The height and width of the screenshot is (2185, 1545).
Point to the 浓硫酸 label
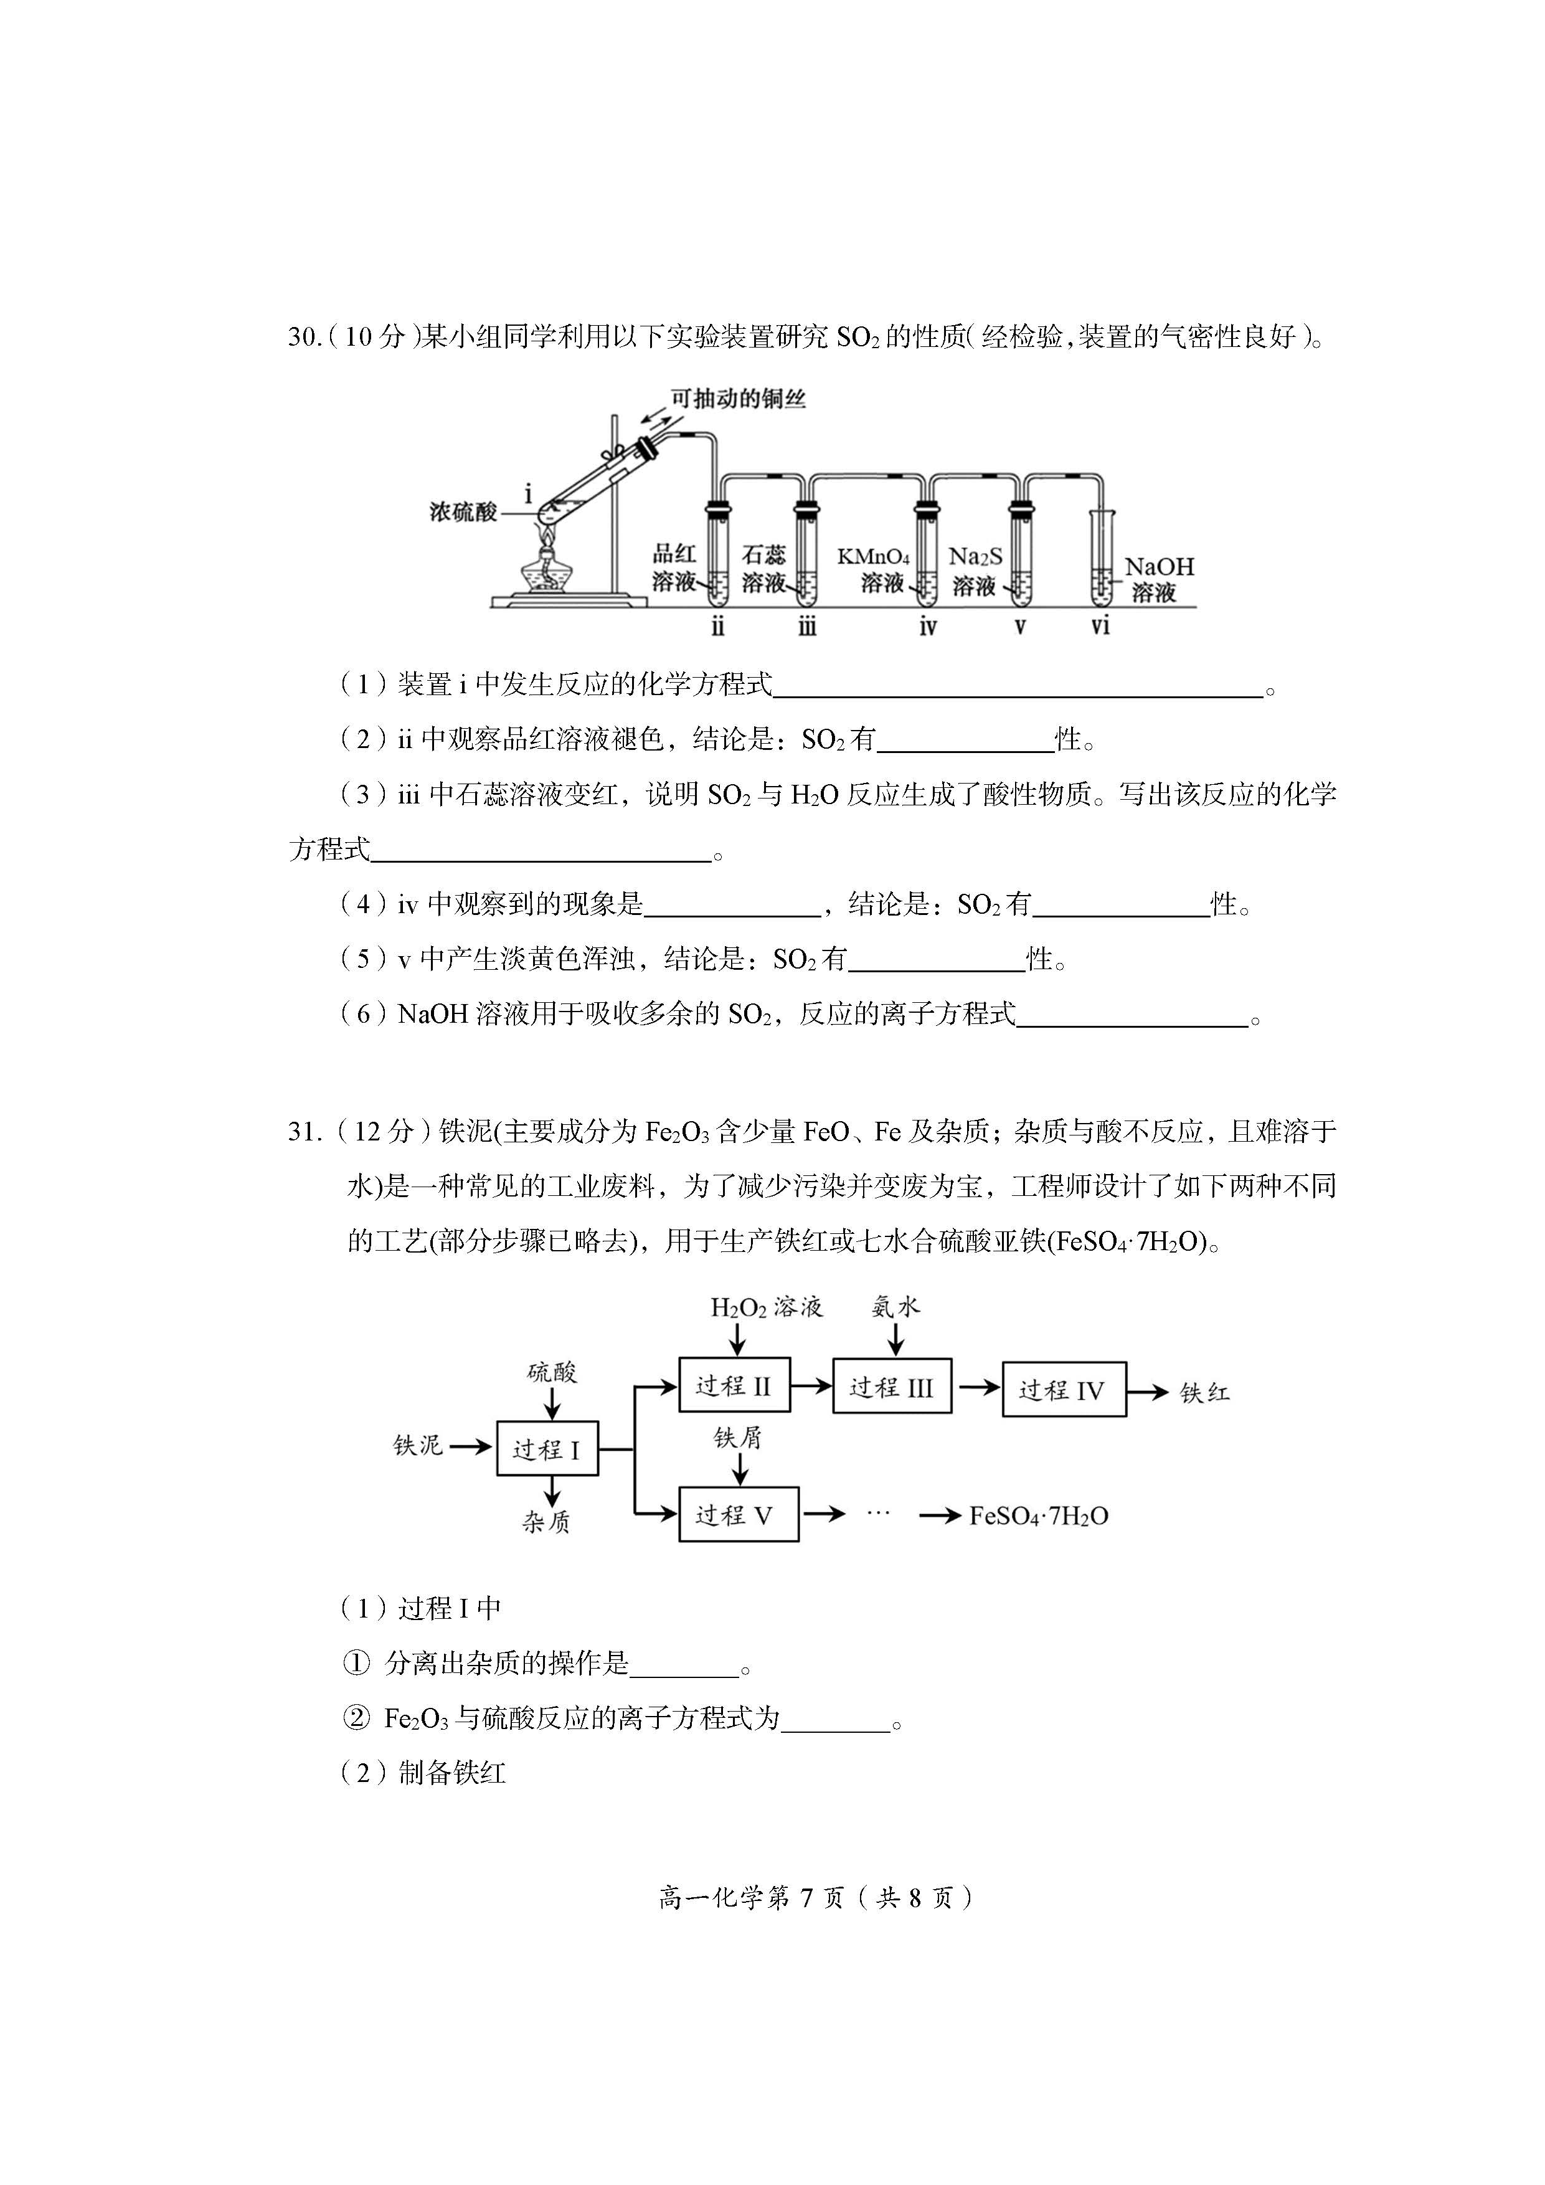tap(463, 512)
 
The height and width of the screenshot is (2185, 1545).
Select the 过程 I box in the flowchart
tap(547, 1449)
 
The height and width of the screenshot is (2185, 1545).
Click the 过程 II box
tap(734, 1386)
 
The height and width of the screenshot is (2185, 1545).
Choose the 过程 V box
tap(739, 1514)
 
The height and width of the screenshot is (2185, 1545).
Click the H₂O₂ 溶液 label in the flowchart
tap(766, 1307)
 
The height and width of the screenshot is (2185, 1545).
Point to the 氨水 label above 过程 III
tap(895, 1307)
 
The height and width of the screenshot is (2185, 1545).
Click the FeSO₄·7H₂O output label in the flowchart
tap(1038, 1515)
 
